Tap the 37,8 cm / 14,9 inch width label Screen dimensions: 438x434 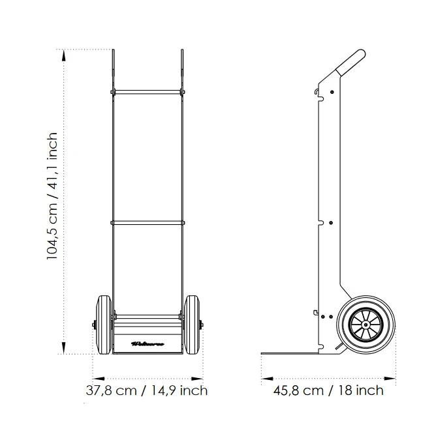tap(147, 391)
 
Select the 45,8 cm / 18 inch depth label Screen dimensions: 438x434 tap(329, 391)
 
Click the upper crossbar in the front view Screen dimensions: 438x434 tap(147, 91)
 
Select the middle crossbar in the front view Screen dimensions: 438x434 tap(147, 223)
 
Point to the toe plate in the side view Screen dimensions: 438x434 tap(294, 355)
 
